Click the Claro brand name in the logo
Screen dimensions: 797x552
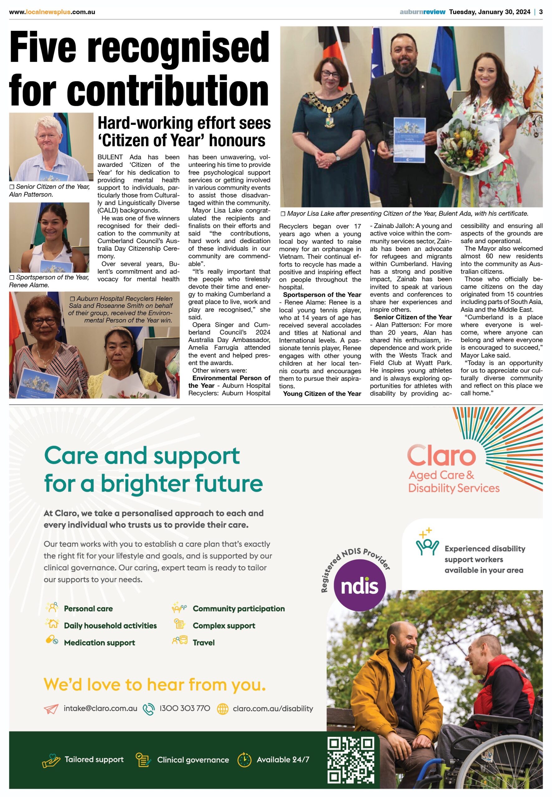[x=442, y=455]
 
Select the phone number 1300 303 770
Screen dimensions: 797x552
[x=184, y=709]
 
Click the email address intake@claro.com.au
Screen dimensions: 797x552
[x=100, y=709]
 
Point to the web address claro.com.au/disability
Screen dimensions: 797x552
[x=272, y=709]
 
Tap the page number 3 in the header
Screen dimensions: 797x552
[x=541, y=12]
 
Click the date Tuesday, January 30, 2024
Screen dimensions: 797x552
[x=489, y=12]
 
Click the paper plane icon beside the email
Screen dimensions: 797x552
[x=51, y=709]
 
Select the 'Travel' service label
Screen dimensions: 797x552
[x=203, y=643]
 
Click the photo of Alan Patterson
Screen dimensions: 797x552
[x=51, y=147]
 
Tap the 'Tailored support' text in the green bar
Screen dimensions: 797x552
[x=94, y=759]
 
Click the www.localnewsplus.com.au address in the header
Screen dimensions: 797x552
[x=52, y=12]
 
